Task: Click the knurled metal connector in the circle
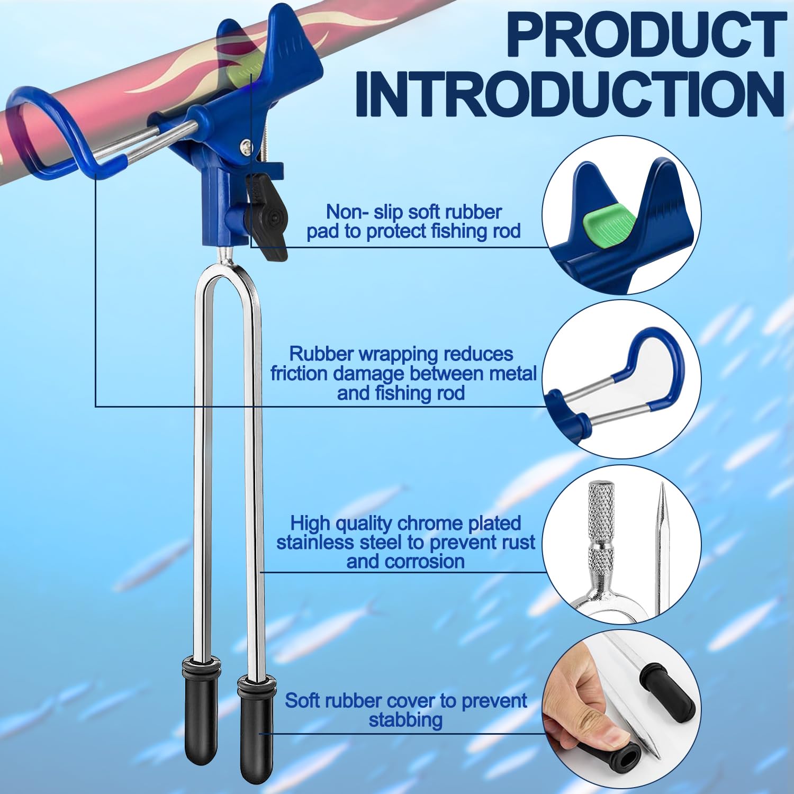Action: pos(601,529)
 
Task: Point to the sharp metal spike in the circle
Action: pos(662,551)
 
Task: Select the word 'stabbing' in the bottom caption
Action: pos(405,720)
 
